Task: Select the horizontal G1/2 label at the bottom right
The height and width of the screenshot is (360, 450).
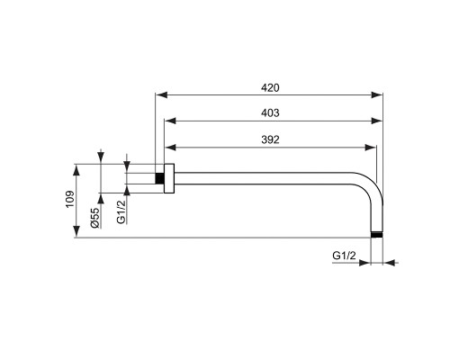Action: tap(344, 256)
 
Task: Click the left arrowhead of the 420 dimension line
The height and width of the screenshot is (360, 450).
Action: tap(160, 94)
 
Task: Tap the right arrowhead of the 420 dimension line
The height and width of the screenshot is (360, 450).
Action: tap(381, 94)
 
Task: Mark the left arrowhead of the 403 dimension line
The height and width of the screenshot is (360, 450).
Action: tap(167, 121)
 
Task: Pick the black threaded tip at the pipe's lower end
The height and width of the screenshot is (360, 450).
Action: tap(377, 235)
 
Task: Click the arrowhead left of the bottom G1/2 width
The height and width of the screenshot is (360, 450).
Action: tap(367, 264)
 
